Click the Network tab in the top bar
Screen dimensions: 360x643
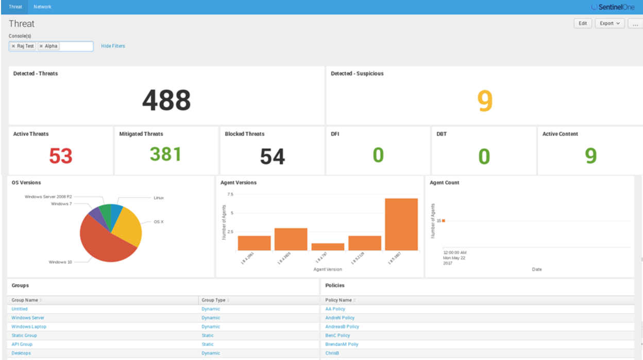[x=42, y=7]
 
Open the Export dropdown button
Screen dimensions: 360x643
[x=610, y=23]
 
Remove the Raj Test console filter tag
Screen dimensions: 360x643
[x=13, y=46]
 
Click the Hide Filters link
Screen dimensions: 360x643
[x=113, y=46]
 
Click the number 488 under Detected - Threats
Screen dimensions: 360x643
[x=166, y=100]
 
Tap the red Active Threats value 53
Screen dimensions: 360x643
[x=61, y=156]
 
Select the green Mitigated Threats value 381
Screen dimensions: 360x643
[x=165, y=154]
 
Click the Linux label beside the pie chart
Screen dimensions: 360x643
[x=158, y=198]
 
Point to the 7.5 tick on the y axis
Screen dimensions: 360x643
[x=230, y=194]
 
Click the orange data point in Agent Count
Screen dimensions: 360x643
[x=443, y=221]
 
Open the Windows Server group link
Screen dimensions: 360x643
[x=28, y=318]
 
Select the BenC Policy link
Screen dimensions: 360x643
[x=337, y=335]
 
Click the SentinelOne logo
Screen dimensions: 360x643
[x=613, y=7]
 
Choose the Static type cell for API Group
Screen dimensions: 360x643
[x=208, y=344]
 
